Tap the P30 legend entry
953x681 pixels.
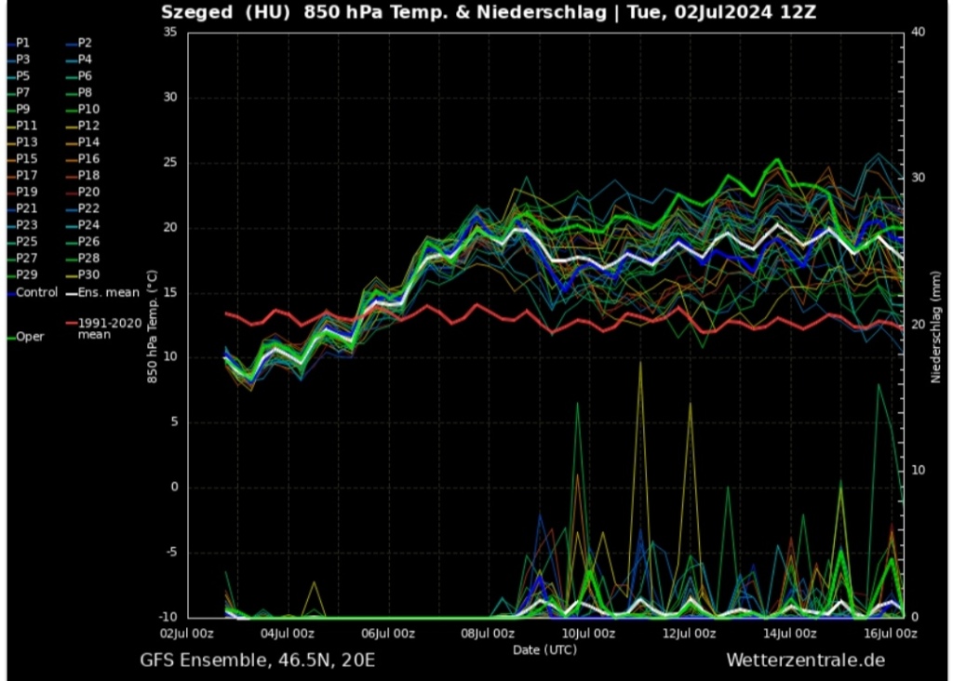[x=88, y=274]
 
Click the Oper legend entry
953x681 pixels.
[x=30, y=337]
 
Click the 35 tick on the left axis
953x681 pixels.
[x=169, y=32]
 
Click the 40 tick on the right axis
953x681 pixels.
[x=918, y=32]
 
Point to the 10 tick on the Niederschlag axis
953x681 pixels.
[x=918, y=471]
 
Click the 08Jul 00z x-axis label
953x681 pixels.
[x=488, y=634]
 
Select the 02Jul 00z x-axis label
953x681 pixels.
[x=187, y=634]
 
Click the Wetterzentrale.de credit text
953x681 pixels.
[x=805, y=661]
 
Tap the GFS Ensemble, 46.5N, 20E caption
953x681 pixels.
[x=258, y=661]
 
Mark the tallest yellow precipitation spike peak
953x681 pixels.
[x=639, y=363]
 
